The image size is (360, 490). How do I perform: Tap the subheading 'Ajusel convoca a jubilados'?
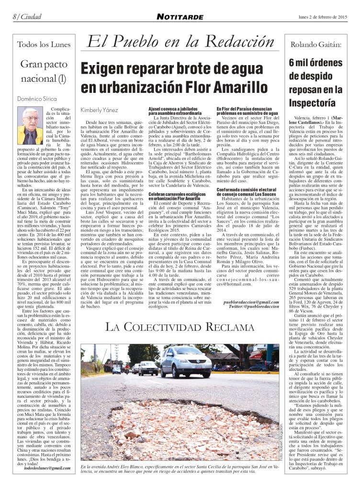(x=179, y=108)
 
